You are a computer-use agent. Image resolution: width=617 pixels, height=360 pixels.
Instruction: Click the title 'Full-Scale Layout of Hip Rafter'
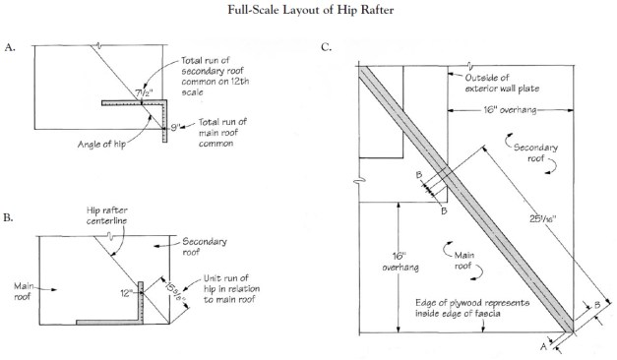(308, 11)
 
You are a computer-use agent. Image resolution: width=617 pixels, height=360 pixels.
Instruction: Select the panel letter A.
(11, 46)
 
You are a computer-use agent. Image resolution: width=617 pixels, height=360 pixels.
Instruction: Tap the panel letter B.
(11, 215)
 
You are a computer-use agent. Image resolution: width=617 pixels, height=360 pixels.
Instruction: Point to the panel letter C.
(326, 46)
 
